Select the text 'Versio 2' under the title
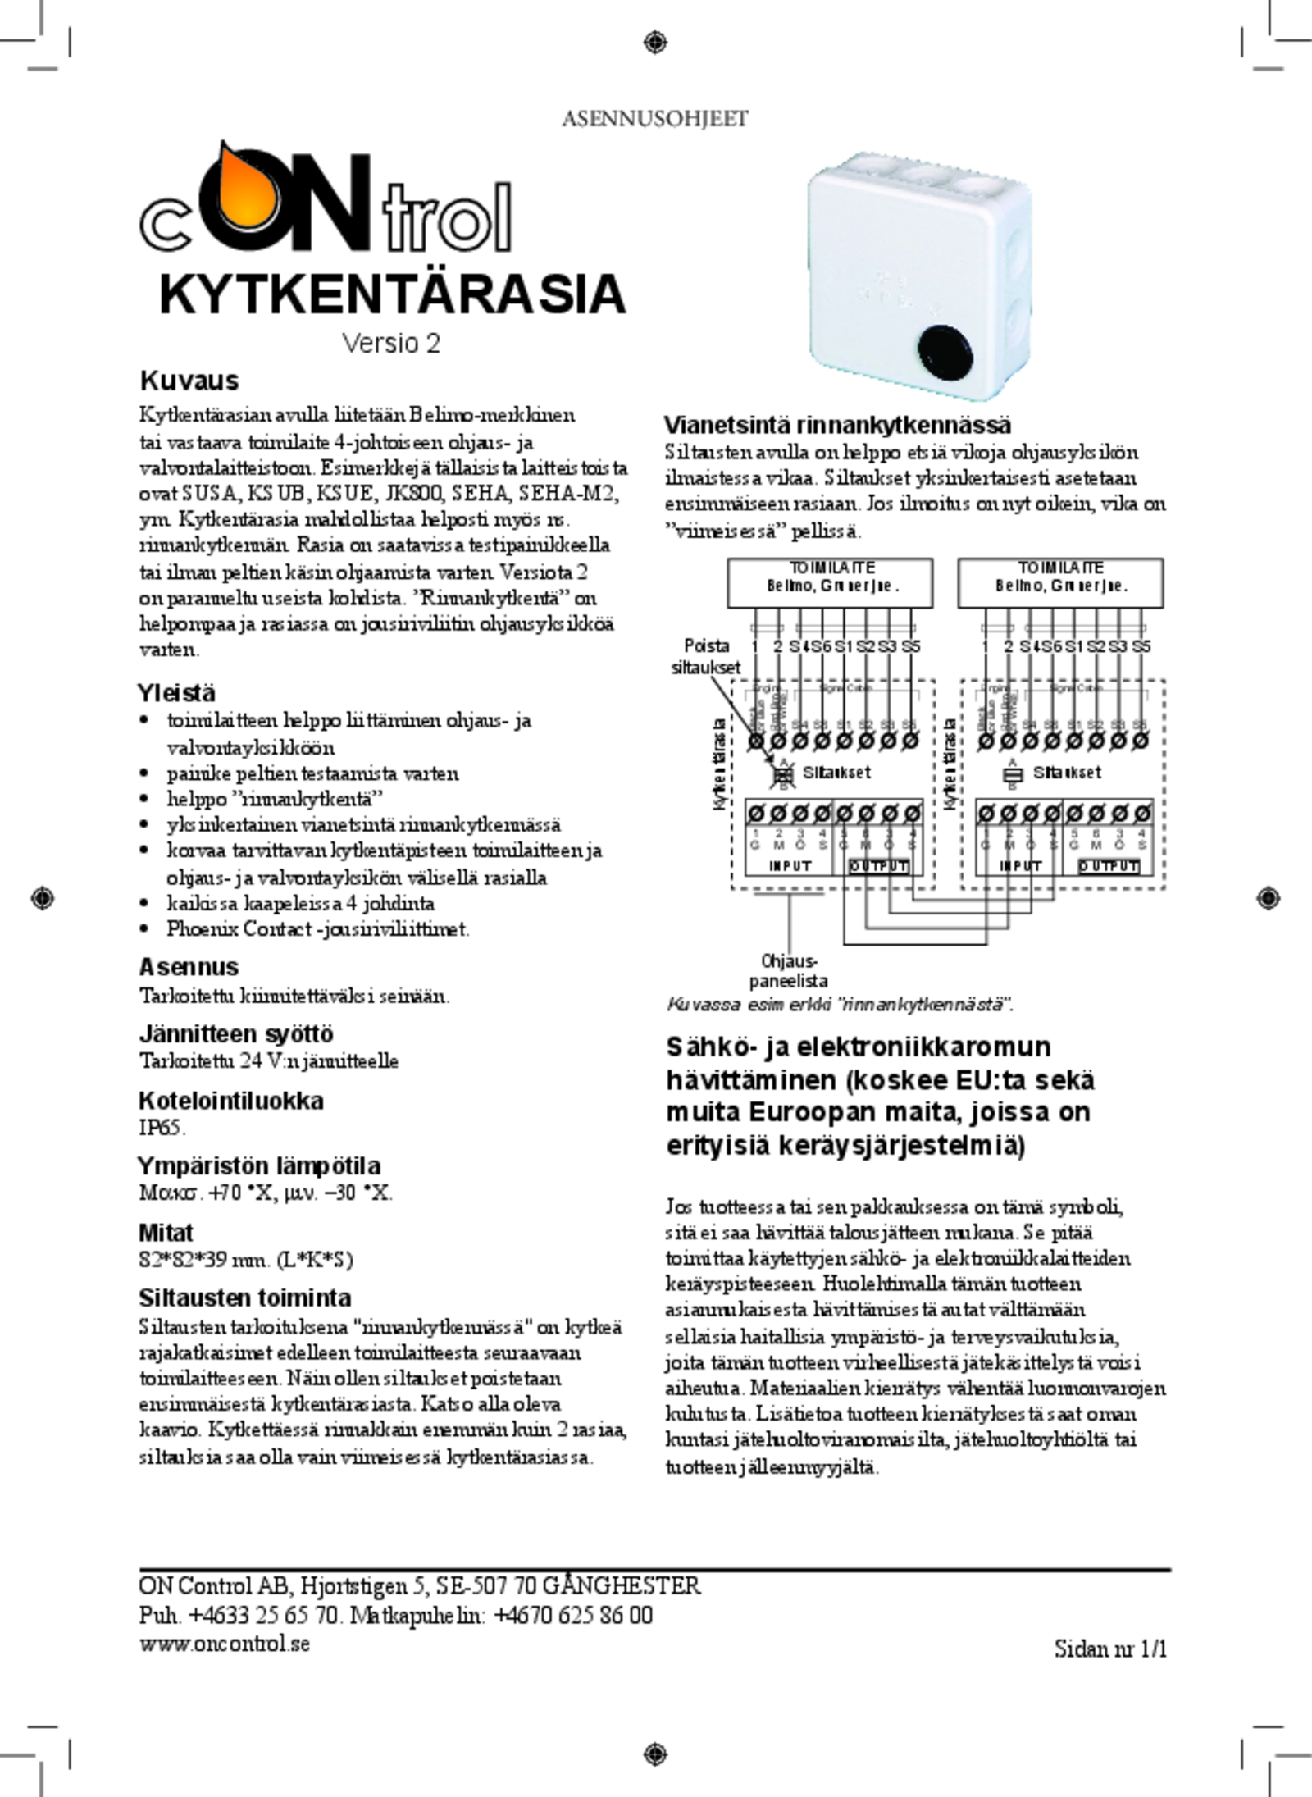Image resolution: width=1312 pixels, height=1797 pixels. pyautogui.click(x=391, y=343)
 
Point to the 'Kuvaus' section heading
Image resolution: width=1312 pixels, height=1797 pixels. pyautogui.click(x=189, y=381)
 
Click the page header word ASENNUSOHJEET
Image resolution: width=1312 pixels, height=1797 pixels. pyautogui.click(x=654, y=119)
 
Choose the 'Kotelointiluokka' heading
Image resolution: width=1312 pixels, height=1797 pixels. pyautogui.click(x=231, y=1100)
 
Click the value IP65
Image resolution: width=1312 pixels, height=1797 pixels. pyautogui.click(x=162, y=1127)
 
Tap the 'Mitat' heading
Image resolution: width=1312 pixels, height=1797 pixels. pyautogui.click(x=166, y=1233)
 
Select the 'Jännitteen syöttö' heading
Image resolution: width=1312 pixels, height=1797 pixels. pyautogui.click(x=236, y=1033)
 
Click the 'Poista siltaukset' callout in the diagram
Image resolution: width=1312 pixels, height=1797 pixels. pyautogui.click(x=706, y=657)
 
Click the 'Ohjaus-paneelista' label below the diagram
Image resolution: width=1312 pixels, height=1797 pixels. pyautogui.click(x=789, y=970)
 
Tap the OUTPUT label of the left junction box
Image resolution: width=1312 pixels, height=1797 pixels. pyautogui.click(x=878, y=866)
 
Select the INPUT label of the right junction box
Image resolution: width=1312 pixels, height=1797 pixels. pyautogui.click(x=1020, y=866)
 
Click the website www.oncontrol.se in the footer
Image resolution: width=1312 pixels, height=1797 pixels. pyautogui.click(x=225, y=1644)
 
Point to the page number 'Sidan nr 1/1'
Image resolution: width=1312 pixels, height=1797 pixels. pyautogui.click(x=1110, y=1649)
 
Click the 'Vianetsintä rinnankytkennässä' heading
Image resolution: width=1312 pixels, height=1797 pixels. pyautogui.click(x=837, y=425)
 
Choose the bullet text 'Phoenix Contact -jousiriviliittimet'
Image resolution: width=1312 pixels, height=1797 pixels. pyautogui.click(x=317, y=928)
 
